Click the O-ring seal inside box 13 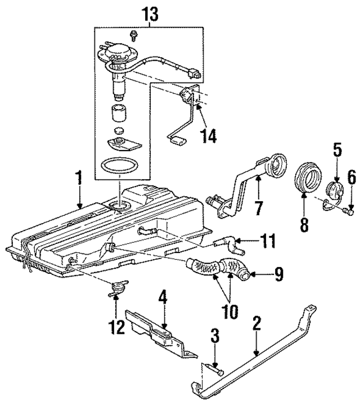click(x=119, y=166)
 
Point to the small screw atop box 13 click(x=134, y=35)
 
